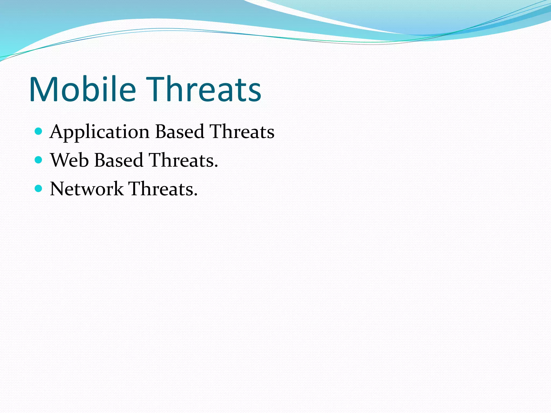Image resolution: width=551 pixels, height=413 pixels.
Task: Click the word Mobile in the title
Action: [82, 89]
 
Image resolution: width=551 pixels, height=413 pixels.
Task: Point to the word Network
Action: [87, 189]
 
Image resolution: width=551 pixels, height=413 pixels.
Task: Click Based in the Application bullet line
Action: [180, 132]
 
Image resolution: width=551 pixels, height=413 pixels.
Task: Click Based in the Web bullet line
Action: [119, 160]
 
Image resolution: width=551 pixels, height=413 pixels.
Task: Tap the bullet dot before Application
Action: [39, 131]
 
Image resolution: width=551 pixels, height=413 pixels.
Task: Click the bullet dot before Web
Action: [39, 160]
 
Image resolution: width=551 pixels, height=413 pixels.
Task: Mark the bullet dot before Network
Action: [39, 188]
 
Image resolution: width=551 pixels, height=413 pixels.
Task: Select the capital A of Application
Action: [58, 132]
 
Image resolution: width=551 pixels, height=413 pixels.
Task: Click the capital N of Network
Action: [58, 189]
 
